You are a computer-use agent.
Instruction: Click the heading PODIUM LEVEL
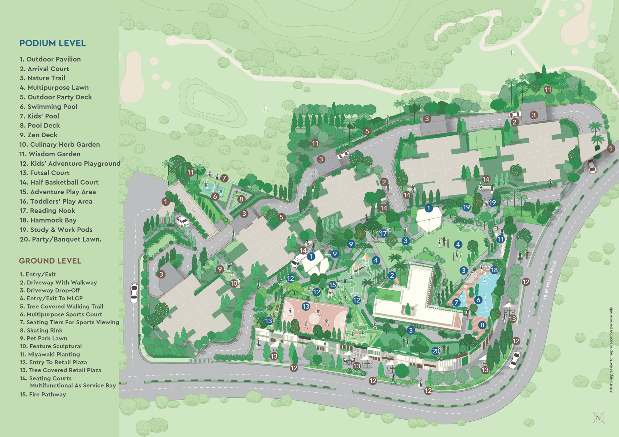(x=52, y=43)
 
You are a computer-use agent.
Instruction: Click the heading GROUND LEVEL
(x=50, y=261)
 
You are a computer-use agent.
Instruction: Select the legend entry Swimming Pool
(x=48, y=106)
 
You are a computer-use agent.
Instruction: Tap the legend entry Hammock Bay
(x=48, y=220)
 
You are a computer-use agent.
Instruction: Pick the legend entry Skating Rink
(x=41, y=330)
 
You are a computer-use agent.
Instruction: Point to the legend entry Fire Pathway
(x=43, y=394)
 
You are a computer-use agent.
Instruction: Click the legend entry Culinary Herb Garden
(x=59, y=144)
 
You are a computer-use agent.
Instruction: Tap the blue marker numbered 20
(x=435, y=351)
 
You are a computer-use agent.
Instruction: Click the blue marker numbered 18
(x=494, y=270)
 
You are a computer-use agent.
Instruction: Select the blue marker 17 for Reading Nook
(x=383, y=233)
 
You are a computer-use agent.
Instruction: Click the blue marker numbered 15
(x=332, y=285)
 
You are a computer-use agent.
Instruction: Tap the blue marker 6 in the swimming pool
(x=478, y=300)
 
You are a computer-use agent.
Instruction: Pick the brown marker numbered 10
(x=234, y=283)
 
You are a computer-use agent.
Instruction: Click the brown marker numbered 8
(x=241, y=199)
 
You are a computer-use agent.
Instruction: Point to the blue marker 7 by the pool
(x=456, y=302)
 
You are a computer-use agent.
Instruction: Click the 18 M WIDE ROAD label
(x=550, y=280)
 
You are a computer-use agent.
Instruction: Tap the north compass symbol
(x=598, y=418)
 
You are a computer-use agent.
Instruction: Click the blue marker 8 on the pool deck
(x=482, y=325)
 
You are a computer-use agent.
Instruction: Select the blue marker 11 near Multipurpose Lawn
(x=500, y=239)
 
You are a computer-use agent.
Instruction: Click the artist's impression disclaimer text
(x=611, y=350)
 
